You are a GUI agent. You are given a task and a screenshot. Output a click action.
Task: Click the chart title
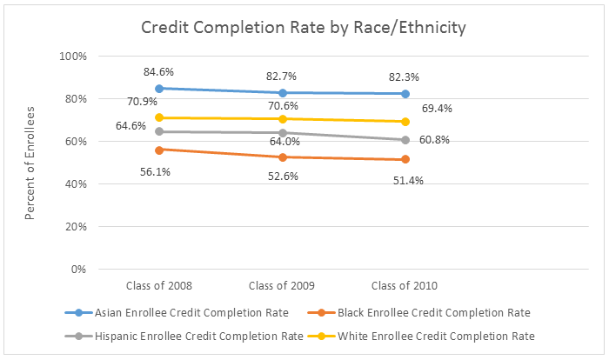point(304,27)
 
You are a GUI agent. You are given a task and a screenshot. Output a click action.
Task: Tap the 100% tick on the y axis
point(72,57)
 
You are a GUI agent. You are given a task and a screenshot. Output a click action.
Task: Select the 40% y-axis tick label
point(75,184)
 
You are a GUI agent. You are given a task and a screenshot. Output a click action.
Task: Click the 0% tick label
point(78,270)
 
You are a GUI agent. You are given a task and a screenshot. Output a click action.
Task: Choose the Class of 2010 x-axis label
point(406,285)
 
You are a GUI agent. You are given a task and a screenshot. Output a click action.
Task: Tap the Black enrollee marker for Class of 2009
point(282,157)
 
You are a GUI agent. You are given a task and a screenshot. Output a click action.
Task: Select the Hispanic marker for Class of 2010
point(406,140)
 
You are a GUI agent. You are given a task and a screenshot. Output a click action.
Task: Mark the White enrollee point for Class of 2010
point(406,122)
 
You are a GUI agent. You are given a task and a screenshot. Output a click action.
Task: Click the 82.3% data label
point(406,77)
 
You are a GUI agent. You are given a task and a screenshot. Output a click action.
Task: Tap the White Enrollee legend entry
point(422,335)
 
